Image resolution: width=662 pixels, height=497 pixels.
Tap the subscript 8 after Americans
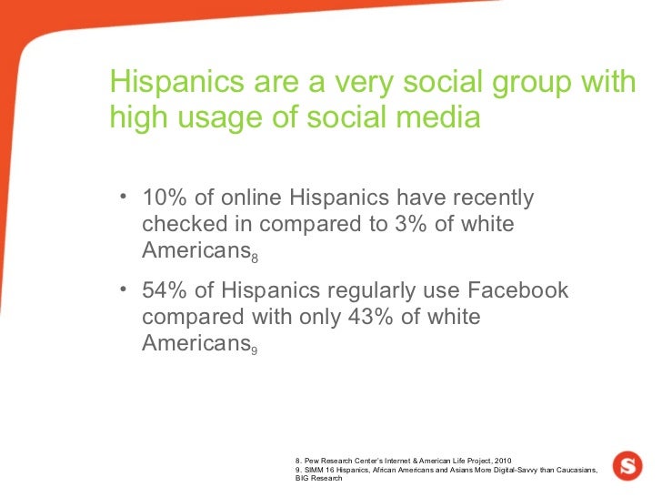(x=255, y=259)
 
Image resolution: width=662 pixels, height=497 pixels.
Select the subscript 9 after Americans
(x=255, y=352)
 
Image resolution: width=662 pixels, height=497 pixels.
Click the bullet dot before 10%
(x=122, y=199)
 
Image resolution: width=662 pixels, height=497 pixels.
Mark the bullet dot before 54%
(x=122, y=292)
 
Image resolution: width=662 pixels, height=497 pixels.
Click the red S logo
(x=627, y=465)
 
